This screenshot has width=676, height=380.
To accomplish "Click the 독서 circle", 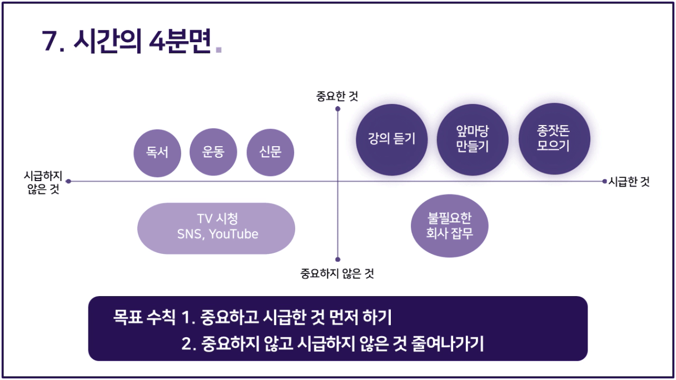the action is [x=157, y=153].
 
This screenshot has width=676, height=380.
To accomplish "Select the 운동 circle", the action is [x=213, y=152].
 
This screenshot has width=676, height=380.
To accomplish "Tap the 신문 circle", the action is [x=270, y=152].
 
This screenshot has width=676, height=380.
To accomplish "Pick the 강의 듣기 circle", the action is [x=392, y=139].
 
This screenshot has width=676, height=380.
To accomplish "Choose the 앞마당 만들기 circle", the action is [x=473, y=139].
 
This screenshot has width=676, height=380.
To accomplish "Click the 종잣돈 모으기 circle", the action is [x=554, y=139].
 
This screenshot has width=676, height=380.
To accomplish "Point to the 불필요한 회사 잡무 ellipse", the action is [x=450, y=226].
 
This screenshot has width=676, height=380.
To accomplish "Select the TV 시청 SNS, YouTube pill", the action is [x=216, y=228].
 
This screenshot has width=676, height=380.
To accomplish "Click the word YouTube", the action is [x=233, y=234].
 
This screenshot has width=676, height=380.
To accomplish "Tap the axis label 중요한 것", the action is [x=337, y=96].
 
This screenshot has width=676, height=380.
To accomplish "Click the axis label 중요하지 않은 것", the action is [x=337, y=273].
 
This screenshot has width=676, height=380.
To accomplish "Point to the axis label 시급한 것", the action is [x=629, y=182].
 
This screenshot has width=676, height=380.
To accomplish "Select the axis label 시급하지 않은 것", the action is [x=43, y=182].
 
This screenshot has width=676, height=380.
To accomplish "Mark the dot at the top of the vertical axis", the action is [x=337, y=109].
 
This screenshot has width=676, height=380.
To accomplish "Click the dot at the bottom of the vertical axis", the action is [x=337, y=259].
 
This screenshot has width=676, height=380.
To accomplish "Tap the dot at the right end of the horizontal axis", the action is [x=604, y=181].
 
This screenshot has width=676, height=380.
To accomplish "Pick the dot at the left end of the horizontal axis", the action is [x=68, y=181].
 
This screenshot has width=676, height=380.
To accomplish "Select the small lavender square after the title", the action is [x=219, y=50].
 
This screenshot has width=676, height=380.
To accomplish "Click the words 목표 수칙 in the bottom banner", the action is [x=144, y=317].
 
